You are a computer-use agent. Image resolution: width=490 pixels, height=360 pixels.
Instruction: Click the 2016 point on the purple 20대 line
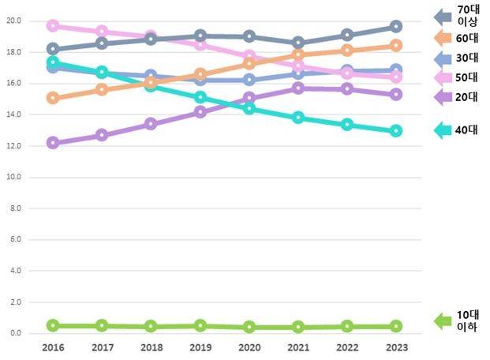click(x=53, y=143)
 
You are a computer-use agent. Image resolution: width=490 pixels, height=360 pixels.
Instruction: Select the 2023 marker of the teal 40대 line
click(x=395, y=130)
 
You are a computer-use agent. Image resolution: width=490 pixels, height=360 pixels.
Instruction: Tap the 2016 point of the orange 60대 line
click(x=53, y=98)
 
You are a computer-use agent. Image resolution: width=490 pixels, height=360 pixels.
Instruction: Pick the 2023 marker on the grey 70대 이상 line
click(x=395, y=27)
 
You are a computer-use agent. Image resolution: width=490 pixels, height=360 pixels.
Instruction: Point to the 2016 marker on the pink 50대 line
click(x=53, y=25)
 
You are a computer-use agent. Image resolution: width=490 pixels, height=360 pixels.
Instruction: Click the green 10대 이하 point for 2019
click(x=200, y=325)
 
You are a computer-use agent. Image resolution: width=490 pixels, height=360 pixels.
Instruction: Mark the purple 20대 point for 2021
click(x=297, y=88)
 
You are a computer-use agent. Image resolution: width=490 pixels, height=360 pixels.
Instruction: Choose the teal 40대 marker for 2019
click(x=200, y=98)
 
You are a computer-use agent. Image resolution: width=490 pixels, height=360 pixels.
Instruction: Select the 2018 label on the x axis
click(x=151, y=347)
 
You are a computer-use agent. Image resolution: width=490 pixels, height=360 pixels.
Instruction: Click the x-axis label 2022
click(x=346, y=347)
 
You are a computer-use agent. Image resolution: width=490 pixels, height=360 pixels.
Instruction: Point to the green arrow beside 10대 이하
click(x=443, y=320)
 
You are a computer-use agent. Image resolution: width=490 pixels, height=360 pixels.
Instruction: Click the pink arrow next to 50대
click(x=443, y=77)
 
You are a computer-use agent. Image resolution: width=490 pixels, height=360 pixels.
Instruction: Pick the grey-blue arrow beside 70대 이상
click(x=443, y=16)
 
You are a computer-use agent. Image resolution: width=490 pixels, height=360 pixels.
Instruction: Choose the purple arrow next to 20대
click(x=443, y=96)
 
